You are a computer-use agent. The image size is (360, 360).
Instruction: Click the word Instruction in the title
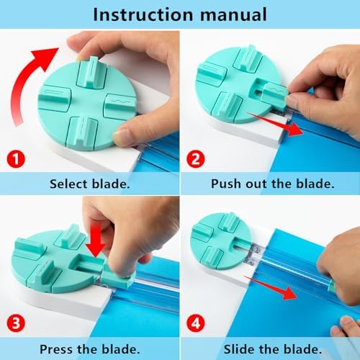point(143,14)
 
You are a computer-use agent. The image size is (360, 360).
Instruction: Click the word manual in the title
point(233,14)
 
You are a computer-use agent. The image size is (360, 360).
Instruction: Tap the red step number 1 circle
point(16,158)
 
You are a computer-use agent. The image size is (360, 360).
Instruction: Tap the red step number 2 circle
point(196,158)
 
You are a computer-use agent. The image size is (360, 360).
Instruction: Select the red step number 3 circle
point(16,323)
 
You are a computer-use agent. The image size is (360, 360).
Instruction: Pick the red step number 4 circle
point(196,323)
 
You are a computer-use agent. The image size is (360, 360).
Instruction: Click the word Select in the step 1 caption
point(68,184)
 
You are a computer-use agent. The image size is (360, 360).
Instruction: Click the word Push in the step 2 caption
point(226,184)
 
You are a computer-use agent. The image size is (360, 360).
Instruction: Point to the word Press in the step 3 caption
point(57,349)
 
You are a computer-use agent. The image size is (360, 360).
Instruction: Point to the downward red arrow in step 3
point(96,243)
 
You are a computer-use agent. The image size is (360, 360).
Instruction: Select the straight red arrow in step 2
point(276,124)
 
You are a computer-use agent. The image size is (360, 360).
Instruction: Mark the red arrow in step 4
point(271,287)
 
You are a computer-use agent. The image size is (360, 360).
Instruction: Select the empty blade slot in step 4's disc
point(240,245)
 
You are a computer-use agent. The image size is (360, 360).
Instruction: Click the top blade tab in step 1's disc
point(92,72)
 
